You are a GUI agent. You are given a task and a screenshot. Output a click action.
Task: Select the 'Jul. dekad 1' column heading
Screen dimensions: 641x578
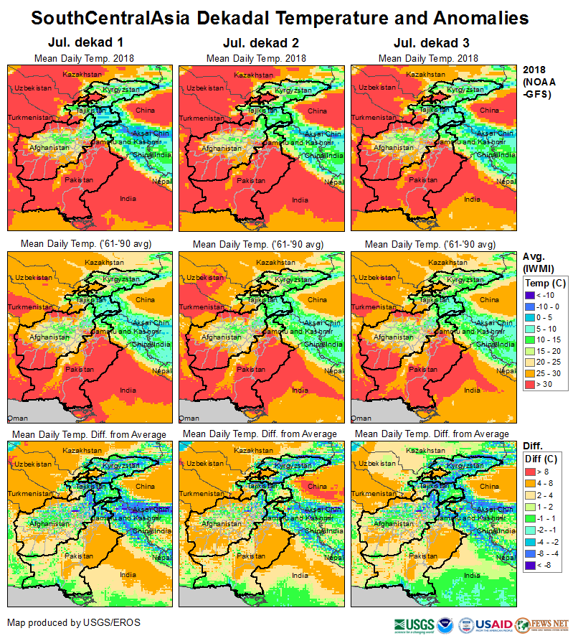tap(84, 43)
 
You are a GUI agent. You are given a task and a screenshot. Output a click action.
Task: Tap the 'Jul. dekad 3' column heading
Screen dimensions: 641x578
tap(428, 43)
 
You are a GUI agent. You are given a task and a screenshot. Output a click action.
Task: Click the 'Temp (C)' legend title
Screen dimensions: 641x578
tap(545, 283)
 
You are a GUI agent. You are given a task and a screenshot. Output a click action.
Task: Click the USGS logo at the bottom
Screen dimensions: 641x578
tap(414, 624)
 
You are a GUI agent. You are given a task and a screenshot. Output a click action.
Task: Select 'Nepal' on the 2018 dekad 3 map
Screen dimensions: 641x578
tap(506, 182)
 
